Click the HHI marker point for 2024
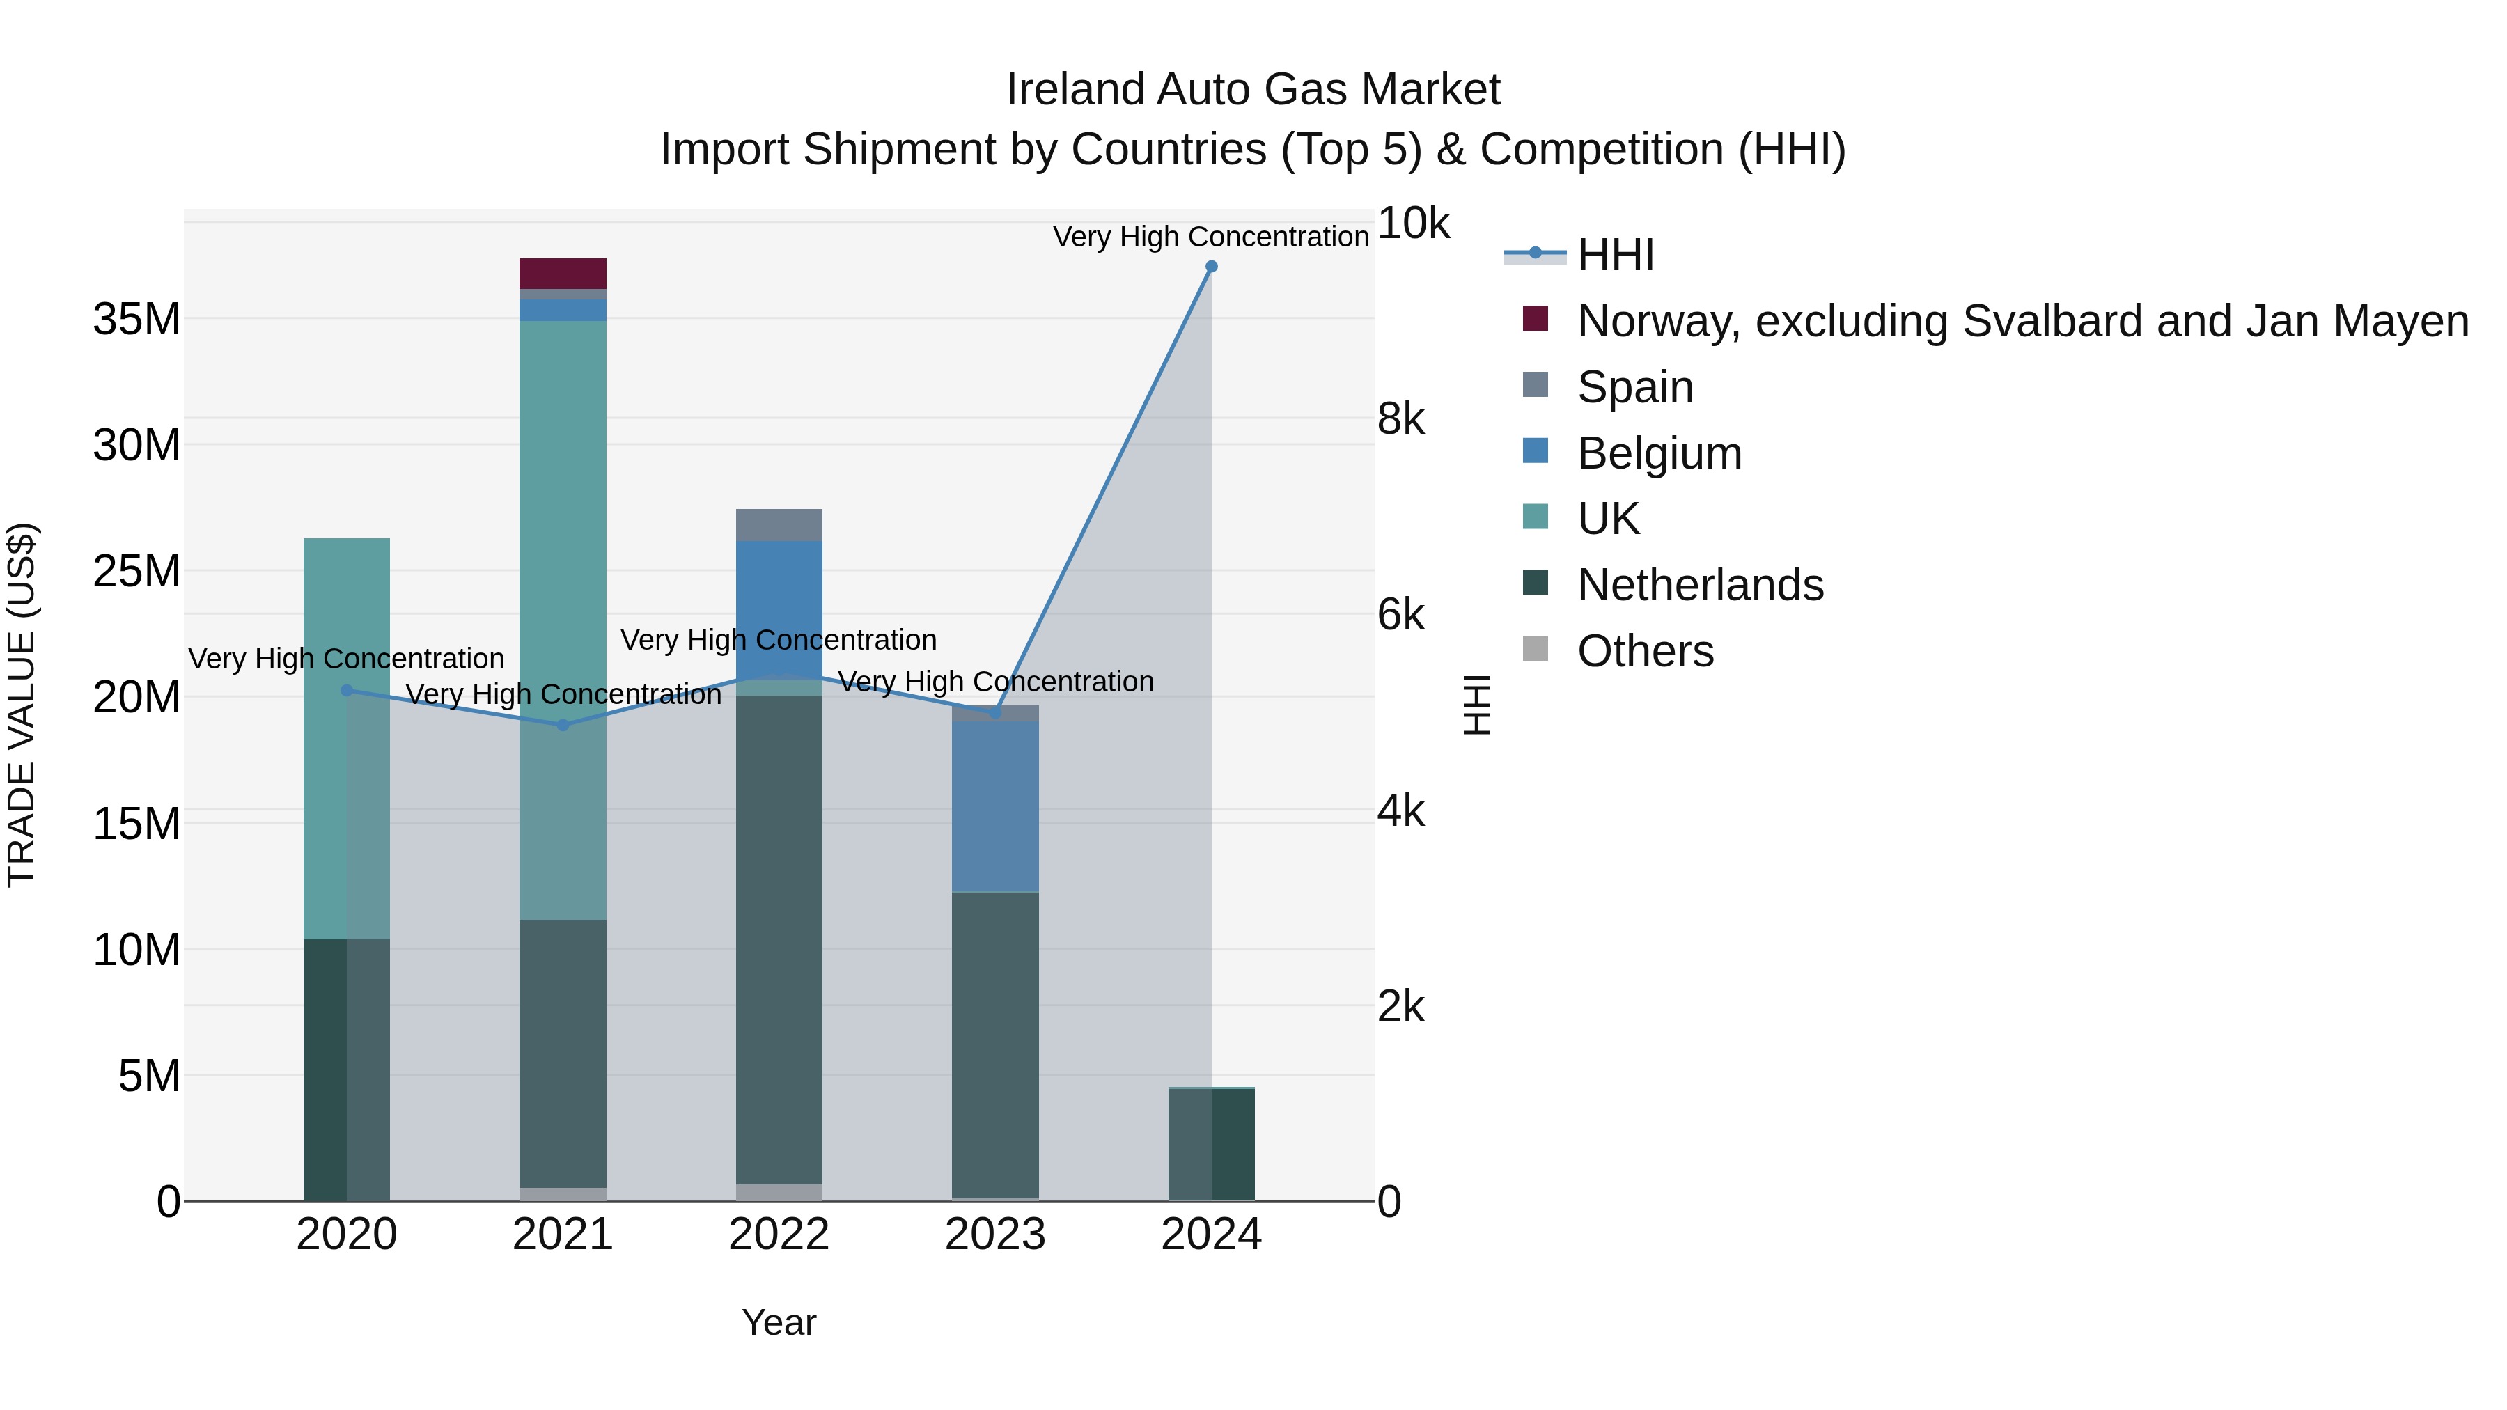tap(1211, 267)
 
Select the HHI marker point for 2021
tap(563, 725)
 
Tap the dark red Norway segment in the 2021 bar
tap(563, 274)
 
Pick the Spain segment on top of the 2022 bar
tap(779, 524)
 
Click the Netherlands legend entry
tap(1699, 585)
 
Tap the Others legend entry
tap(1645, 651)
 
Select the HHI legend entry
tap(1616, 255)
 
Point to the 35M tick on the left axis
tap(136, 319)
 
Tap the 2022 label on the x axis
tap(779, 1235)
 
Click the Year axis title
tap(779, 1322)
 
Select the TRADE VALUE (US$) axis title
tap(22, 705)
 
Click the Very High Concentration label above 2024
tap(1211, 237)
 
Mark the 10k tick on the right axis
tap(1413, 224)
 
